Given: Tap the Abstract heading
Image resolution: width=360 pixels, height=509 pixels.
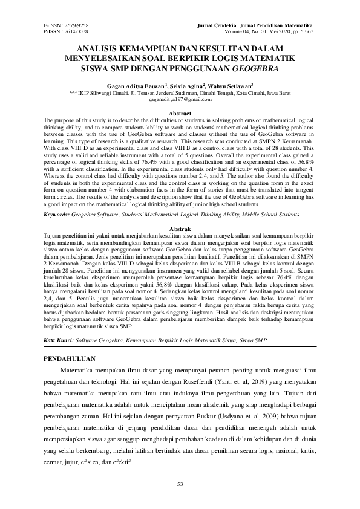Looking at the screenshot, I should click(x=180, y=114).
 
